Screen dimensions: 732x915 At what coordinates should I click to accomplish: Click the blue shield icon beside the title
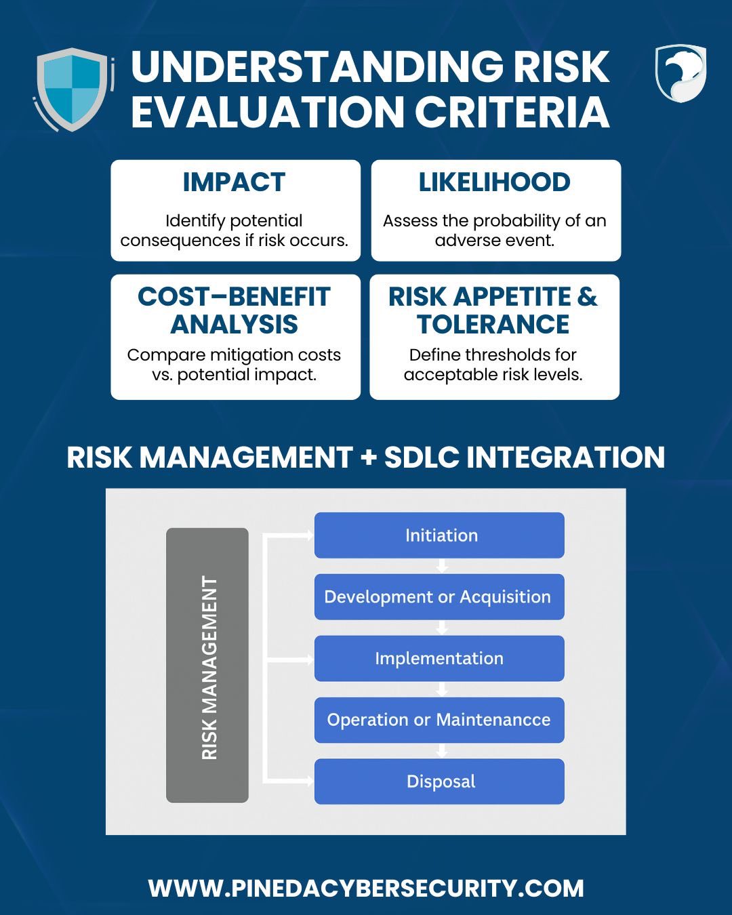[x=73, y=89]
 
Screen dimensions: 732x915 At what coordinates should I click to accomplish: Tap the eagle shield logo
[x=680, y=73]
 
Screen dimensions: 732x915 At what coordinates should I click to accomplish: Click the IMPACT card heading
[x=234, y=182]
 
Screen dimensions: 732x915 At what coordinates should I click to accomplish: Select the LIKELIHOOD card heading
[x=495, y=182]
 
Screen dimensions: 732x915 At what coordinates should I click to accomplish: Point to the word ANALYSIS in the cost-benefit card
[x=235, y=325]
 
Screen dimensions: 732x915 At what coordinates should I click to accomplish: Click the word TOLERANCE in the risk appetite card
[x=493, y=325]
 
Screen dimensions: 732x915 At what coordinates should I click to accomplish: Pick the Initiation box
[x=439, y=535]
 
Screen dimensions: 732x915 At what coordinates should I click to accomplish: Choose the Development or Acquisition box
[x=439, y=597]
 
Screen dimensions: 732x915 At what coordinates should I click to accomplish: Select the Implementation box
[x=439, y=659]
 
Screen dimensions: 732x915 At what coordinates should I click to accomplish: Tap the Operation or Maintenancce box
[x=439, y=720]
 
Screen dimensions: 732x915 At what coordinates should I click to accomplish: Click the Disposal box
[x=439, y=781]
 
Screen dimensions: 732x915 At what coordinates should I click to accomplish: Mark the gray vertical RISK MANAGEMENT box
[x=207, y=666]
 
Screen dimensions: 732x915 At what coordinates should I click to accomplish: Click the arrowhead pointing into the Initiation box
[x=310, y=535]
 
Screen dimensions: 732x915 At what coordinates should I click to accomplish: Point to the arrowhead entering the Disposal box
[x=310, y=781]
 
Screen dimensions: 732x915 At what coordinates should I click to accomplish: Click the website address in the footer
[x=366, y=888]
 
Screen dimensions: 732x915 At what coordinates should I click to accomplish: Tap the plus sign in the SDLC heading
[x=368, y=458]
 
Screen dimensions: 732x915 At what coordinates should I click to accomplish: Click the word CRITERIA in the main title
[x=512, y=112]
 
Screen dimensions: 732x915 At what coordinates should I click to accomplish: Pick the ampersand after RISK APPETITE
[x=588, y=296]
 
